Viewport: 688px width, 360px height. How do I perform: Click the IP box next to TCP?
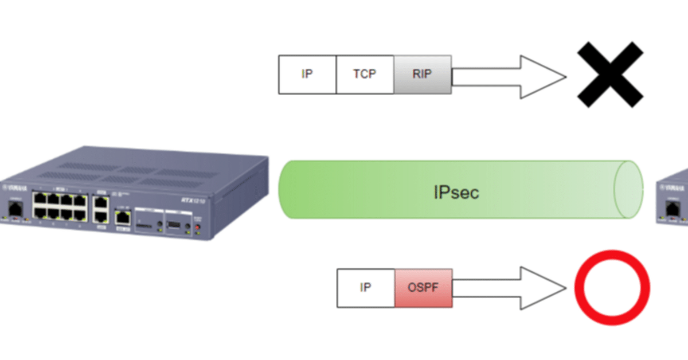[x=307, y=75]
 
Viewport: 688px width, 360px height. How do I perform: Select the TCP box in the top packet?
[x=365, y=75]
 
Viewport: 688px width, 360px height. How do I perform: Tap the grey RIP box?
[x=423, y=75]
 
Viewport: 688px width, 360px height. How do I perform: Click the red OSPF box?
[x=423, y=287]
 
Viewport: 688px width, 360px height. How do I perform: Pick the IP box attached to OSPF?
[x=365, y=287]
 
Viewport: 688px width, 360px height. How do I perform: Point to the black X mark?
[x=609, y=74]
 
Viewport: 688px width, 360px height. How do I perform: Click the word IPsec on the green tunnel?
[x=456, y=192]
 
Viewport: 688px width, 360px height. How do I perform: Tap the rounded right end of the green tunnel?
[x=627, y=190]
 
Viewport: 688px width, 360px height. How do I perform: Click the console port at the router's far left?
[x=14, y=209]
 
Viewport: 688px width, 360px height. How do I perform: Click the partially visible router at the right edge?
[x=674, y=198]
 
